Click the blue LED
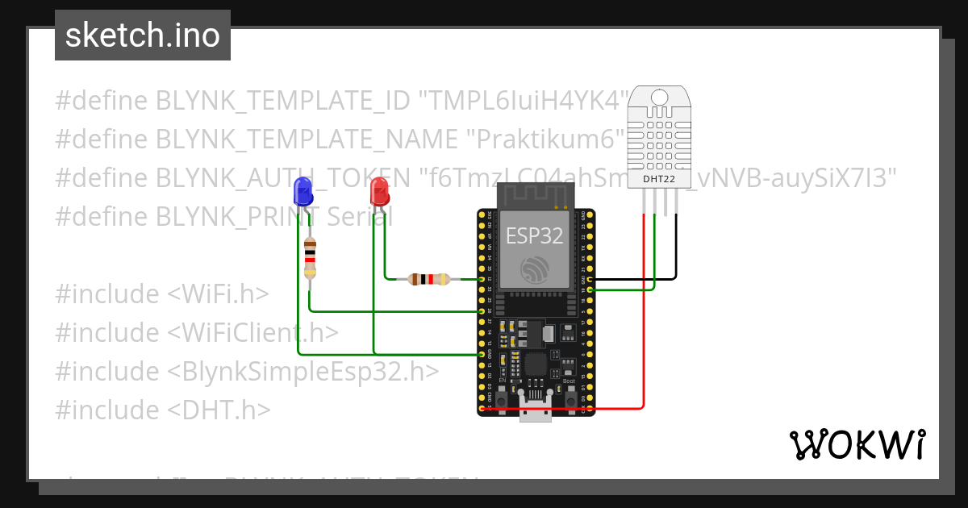coord(303,192)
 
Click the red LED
coord(378,193)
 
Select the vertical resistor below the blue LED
coord(310,258)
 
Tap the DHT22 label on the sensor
coord(660,178)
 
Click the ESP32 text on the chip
coord(534,235)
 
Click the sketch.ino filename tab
coord(143,35)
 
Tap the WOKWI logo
coord(857,444)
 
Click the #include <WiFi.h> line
coord(161,294)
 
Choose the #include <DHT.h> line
coord(162,410)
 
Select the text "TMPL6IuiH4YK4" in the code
coord(522,101)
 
